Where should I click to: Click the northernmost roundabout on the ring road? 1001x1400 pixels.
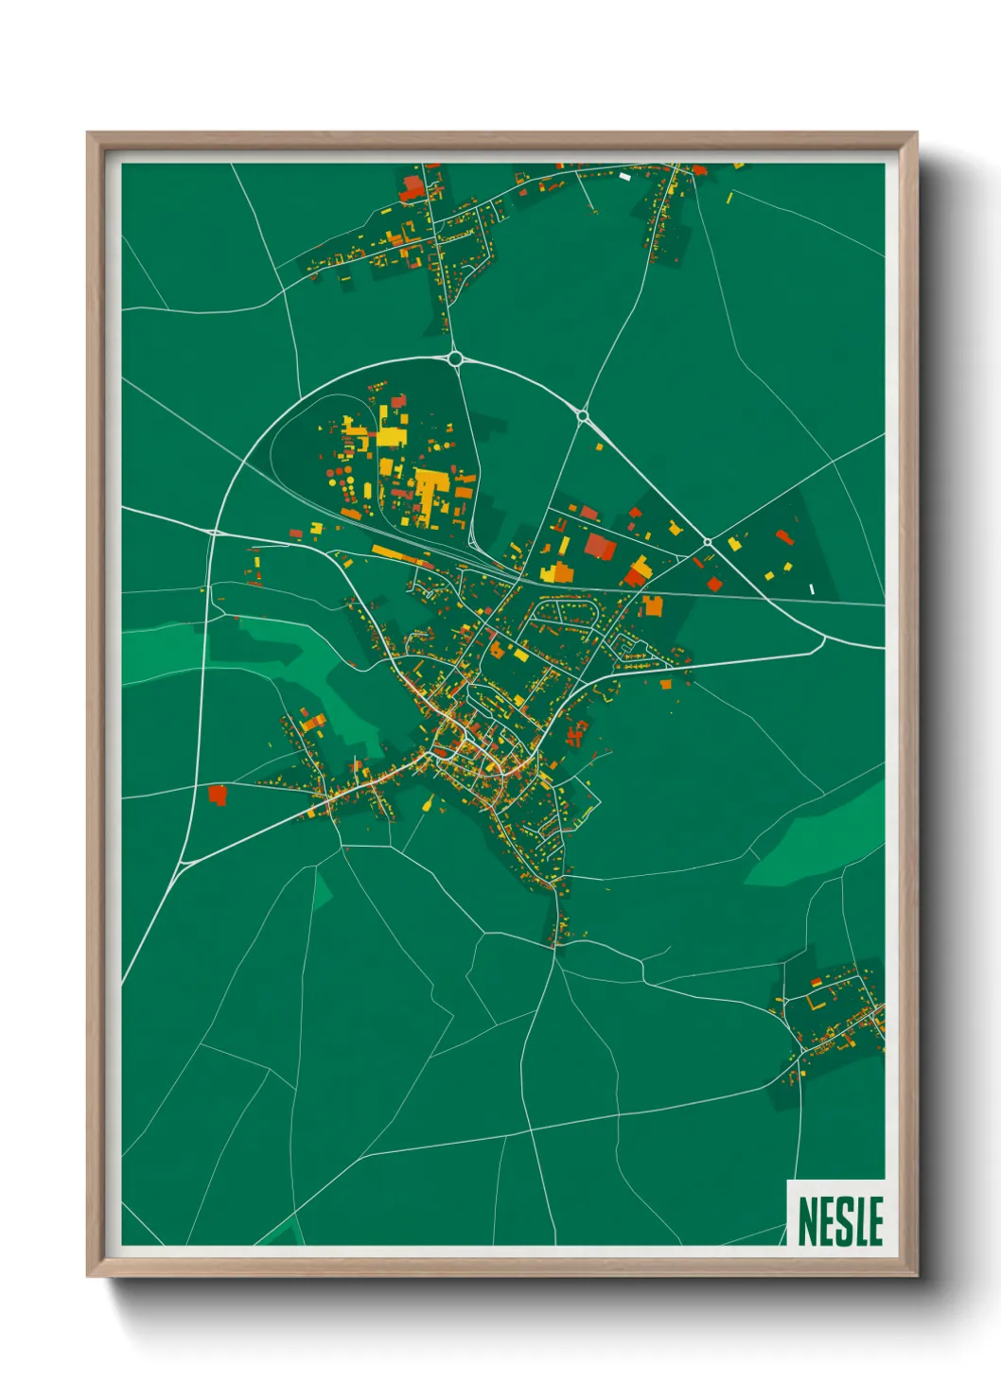tap(455, 358)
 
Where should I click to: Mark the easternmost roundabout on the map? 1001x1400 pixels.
tap(707, 542)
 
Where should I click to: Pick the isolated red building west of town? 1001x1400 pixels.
tap(218, 794)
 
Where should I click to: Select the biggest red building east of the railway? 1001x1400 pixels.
tap(600, 546)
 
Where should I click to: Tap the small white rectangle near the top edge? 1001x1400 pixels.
tap(624, 175)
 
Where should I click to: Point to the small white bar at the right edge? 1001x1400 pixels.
tap(812, 588)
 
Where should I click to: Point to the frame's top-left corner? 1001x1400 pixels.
tap(89, 134)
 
